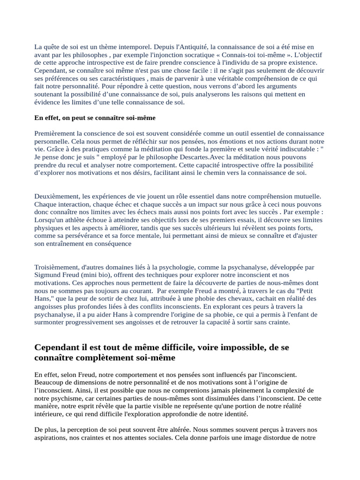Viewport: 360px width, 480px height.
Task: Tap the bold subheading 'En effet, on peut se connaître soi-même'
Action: (x=95, y=118)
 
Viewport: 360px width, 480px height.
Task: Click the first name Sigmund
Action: (x=47, y=275)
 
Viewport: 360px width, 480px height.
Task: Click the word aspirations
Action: (x=51, y=438)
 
